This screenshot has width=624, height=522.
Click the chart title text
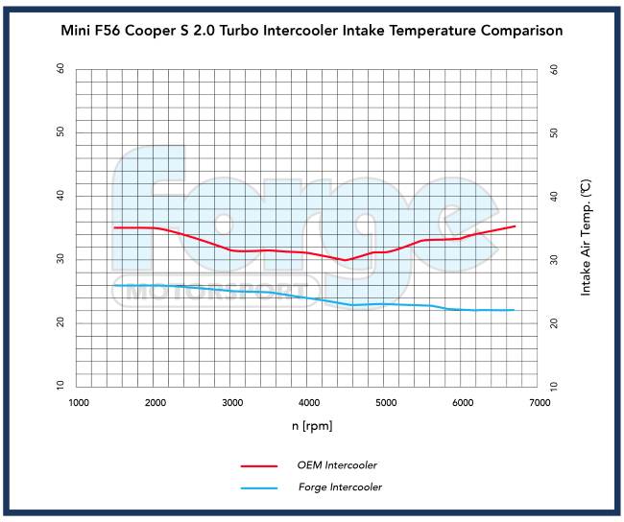(312, 31)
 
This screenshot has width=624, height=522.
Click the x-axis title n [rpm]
(308, 424)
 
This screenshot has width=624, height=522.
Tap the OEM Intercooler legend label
(337, 464)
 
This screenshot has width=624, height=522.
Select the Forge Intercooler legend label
(340, 487)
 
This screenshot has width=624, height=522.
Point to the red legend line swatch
(259, 465)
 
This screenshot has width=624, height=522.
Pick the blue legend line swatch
(259, 488)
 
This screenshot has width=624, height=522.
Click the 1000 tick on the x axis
(79, 404)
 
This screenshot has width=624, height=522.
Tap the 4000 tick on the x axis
(309, 404)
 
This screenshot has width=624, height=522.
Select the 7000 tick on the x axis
(539, 404)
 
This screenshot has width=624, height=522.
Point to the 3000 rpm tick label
(232, 404)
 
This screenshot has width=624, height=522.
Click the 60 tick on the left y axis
(60, 69)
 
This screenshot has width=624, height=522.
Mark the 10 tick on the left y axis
(60, 386)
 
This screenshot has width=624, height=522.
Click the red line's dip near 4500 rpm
(346, 260)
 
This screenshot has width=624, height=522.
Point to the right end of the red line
(516, 226)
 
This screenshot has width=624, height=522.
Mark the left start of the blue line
(114, 285)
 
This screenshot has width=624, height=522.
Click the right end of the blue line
(515, 310)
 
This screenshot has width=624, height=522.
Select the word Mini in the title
(77, 31)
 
